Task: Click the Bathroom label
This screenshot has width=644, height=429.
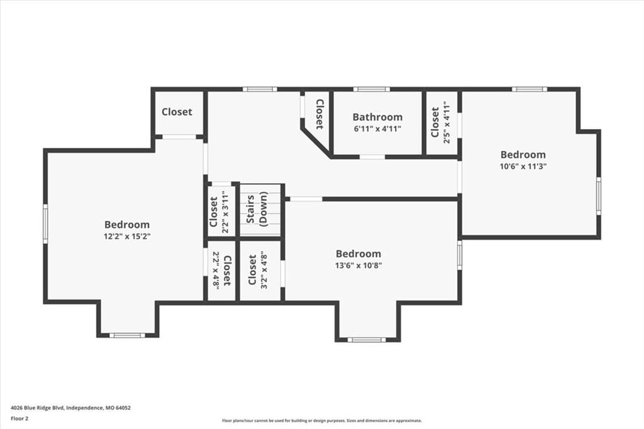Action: pyautogui.click(x=377, y=117)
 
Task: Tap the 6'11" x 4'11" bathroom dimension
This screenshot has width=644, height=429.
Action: pyautogui.click(x=377, y=128)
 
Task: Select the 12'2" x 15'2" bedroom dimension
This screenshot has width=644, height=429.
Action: pyautogui.click(x=127, y=237)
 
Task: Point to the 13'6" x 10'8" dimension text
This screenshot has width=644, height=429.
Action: pyautogui.click(x=358, y=265)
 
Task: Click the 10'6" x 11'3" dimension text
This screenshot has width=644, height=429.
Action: pyautogui.click(x=523, y=167)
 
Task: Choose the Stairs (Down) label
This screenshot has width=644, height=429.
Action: pyautogui.click(x=257, y=209)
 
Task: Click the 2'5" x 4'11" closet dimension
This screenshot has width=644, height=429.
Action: pyautogui.click(x=447, y=124)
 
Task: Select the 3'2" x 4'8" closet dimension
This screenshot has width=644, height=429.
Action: pyautogui.click(x=264, y=270)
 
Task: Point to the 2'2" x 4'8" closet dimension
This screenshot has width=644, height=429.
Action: pyautogui.click(x=216, y=270)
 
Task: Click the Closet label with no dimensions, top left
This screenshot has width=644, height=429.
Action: pyautogui.click(x=177, y=112)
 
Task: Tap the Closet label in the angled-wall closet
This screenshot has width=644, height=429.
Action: pyautogui.click(x=319, y=114)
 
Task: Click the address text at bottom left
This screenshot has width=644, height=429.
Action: pyautogui.click(x=70, y=408)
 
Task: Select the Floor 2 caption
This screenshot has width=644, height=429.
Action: pyautogui.click(x=19, y=419)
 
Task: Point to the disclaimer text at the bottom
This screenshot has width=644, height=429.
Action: pyautogui.click(x=322, y=420)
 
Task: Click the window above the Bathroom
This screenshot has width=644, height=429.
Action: pyautogui.click(x=372, y=89)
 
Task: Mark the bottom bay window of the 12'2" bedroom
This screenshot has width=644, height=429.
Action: pyautogui.click(x=127, y=335)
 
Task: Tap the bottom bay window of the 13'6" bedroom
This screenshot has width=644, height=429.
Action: pyautogui.click(x=367, y=340)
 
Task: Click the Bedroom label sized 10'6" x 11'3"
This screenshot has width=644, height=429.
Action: pyautogui.click(x=523, y=155)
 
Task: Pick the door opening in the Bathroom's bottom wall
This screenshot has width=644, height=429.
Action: pyautogui.click(x=372, y=157)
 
